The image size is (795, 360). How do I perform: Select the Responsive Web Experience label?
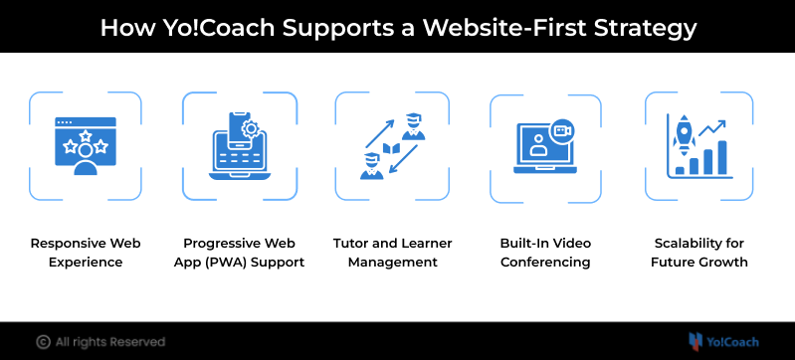click(x=86, y=253)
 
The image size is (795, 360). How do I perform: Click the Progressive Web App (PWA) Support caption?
click(x=240, y=253)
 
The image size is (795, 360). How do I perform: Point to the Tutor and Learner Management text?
click(x=392, y=253)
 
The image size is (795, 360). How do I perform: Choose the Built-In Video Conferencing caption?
click(x=545, y=253)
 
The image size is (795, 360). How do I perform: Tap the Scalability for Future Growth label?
click(x=699, y=253)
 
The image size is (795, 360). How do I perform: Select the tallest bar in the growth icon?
click(x=722, y=157)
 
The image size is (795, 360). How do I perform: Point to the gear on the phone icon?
click(x=250, y=128)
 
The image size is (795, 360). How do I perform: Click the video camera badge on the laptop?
click(x=561, y=131)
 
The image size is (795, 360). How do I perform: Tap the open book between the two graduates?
click(x=391, y=149)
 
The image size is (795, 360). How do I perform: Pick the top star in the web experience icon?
click(x=86, y=135)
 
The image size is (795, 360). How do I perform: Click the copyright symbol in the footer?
click(x=44, y=342)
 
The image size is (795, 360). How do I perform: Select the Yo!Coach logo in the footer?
click(x=723, y=342)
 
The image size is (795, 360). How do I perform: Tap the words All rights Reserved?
click(x=110, y=342)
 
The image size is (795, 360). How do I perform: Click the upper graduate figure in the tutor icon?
click(x=413, y=126)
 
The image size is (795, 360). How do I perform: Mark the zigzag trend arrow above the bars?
click(x=712, y=127)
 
